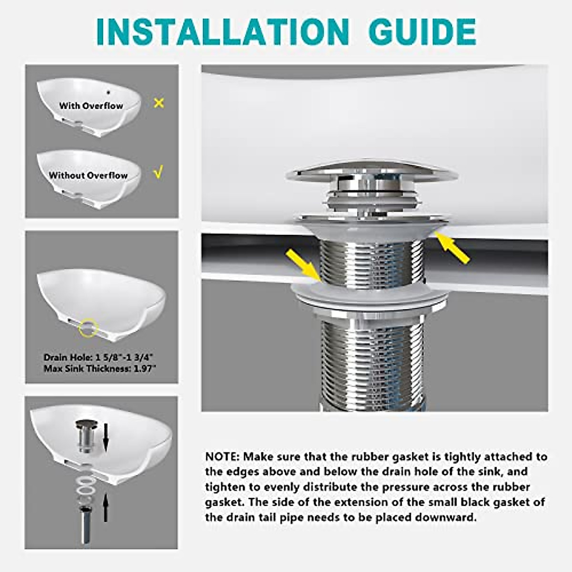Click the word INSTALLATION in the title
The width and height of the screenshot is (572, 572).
(x=222, y=32)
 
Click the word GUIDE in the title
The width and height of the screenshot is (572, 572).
(x=422, y=32)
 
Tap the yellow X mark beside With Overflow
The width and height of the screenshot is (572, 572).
(x=159, y=103)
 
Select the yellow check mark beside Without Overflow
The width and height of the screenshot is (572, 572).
(x=159, y=172)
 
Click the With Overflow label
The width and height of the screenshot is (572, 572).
(x=91, y=106)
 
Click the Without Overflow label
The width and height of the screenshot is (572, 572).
(x=88, y=175)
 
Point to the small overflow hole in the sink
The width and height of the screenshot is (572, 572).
(x=109, y=92)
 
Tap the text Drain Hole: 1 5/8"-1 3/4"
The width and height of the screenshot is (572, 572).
(x=100, y=357)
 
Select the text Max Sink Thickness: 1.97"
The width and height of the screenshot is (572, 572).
(x=100, y=369)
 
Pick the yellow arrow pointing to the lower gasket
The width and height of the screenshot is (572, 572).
(x=303, y=266)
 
